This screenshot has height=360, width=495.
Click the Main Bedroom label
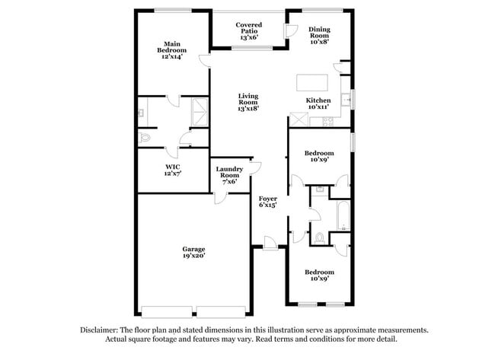[172, 50]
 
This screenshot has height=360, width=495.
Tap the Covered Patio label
[249, 31]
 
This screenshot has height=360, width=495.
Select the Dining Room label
[319, 34]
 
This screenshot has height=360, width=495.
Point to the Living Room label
[248, 102]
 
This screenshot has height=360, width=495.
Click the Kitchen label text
[318, 100]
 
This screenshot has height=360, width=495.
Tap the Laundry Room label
[229, 174]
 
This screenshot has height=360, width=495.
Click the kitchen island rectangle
[313, 81]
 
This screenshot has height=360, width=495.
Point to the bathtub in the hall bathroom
[342, 216]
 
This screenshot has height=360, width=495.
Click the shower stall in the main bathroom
[200, 111]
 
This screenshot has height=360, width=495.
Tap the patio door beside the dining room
[290, 30]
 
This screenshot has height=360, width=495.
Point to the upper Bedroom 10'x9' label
[318, 156]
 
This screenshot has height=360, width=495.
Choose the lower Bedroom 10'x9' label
[319, 276]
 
